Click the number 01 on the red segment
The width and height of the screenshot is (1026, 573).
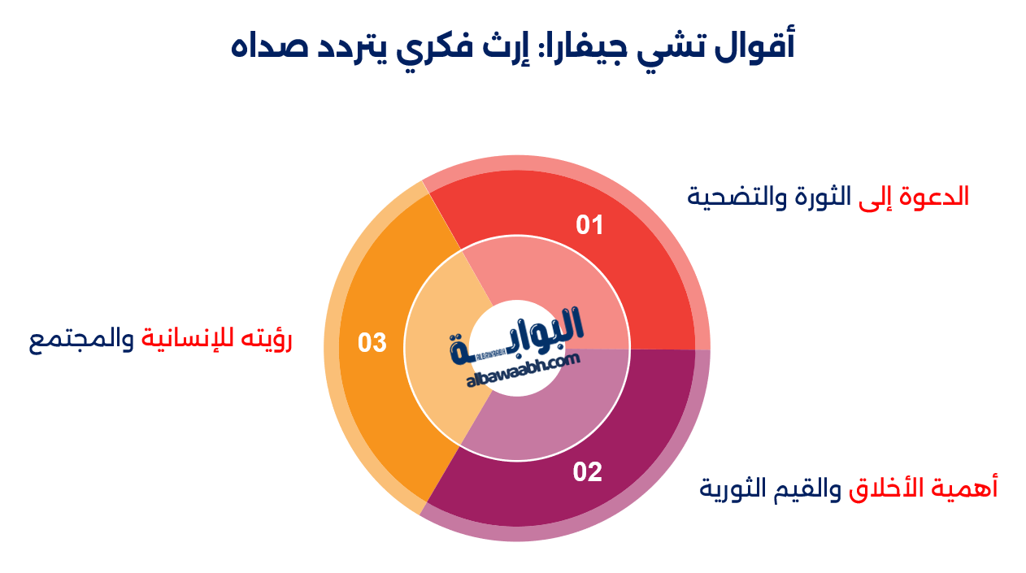tap(589, 225)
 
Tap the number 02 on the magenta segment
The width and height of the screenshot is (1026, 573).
tap(587, 472)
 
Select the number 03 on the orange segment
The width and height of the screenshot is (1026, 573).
tap(372, 343)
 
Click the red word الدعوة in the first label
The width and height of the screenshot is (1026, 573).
tap(937, 198)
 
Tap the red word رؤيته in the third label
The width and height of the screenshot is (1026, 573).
tap(265, 341)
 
